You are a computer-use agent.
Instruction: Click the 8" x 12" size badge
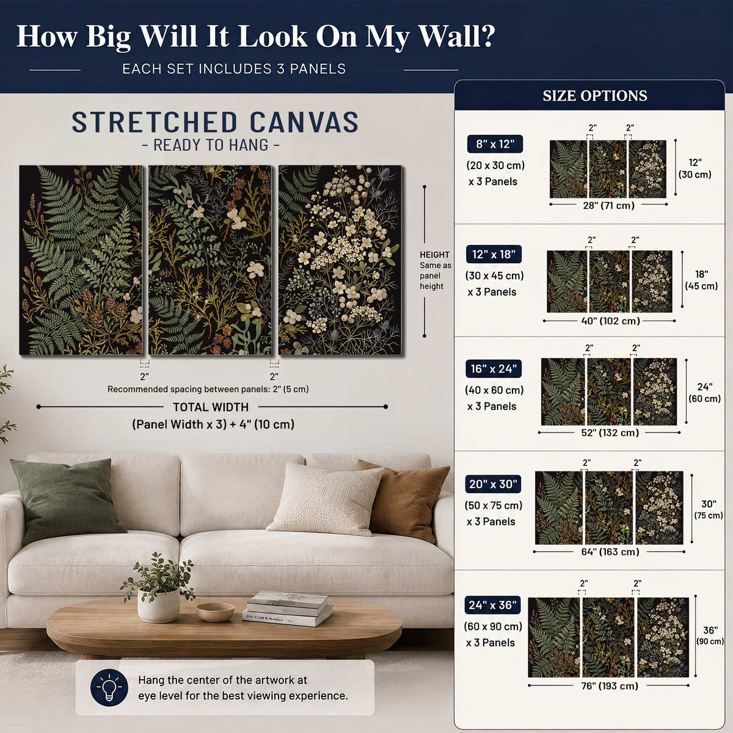point(495,144)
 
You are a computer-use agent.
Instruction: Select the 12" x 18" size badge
point(494,254)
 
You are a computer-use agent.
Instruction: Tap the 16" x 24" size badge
point(494,368)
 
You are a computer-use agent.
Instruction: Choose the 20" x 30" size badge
point(492,484)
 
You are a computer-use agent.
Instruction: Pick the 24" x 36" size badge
point(492,605)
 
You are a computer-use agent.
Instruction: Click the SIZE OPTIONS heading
point(595,96)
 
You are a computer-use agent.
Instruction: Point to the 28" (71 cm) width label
point(608,205)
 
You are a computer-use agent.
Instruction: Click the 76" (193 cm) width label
point(610,686)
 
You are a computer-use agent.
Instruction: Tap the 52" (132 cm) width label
point(610,432)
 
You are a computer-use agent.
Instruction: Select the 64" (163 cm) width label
point(610,552)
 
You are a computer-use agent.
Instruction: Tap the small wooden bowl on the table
point(215,611)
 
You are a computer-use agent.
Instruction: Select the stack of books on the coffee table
point(288,608)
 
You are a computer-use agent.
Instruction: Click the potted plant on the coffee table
point(158,588)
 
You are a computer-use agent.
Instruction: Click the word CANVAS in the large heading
point(304,123)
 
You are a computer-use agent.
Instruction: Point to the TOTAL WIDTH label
point(211,407)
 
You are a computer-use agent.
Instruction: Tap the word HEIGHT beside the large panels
point(434,255)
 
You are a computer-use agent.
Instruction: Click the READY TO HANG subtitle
point(211,145)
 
